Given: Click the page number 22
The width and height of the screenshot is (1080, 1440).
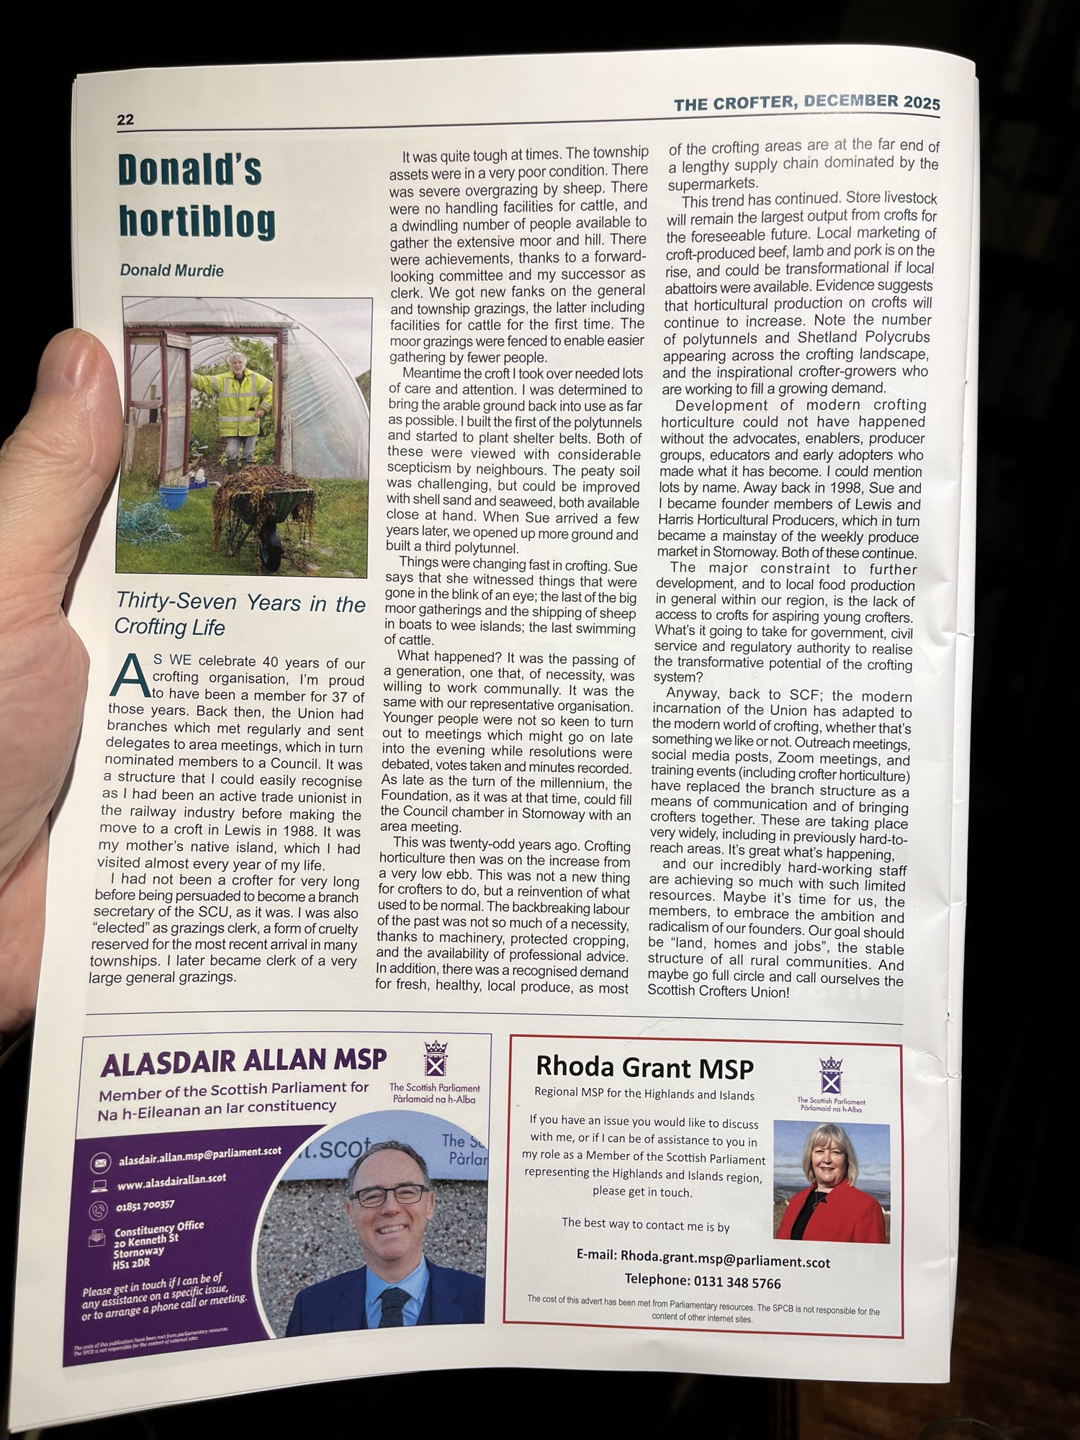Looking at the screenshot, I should click(125, 120).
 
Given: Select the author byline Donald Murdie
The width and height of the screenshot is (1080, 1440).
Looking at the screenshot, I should click(172, 271).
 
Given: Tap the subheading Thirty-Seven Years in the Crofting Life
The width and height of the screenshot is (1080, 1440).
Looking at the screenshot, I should click(240, 614).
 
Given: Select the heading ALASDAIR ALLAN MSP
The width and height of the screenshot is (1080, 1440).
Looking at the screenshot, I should click(243, 1061).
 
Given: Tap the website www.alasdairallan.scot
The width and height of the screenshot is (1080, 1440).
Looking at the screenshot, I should click(172, 1182).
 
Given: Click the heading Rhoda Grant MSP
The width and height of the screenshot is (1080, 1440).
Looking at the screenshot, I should click(644, 1067).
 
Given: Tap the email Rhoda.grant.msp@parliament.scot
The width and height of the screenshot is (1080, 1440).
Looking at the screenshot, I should click(703, 1262).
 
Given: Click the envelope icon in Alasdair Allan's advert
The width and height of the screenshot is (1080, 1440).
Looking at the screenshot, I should click(99, 1162).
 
